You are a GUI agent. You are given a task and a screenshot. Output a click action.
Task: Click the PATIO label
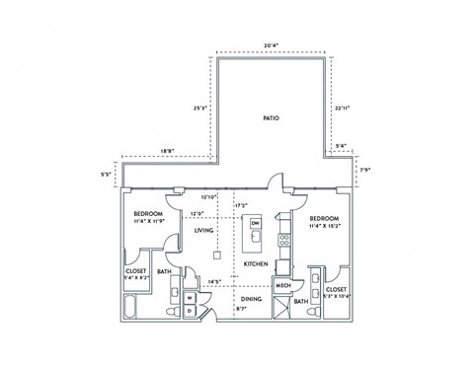point(271,117)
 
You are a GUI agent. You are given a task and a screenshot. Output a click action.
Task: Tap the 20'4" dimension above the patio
point(270,44)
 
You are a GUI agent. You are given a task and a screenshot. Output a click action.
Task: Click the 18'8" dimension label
point(167,151)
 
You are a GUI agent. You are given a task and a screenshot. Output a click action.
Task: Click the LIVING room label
point(204,230)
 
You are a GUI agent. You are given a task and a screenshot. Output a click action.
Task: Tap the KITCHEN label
point(257,264)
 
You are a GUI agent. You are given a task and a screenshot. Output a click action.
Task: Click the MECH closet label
point(282,285)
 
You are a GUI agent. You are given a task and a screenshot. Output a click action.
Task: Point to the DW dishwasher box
point(255,224)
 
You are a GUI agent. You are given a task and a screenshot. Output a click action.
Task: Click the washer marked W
point(190,297)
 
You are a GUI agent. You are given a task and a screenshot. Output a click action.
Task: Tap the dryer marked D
point(190,310)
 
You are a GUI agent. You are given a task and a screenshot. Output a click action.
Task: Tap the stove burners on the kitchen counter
point(283,238)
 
